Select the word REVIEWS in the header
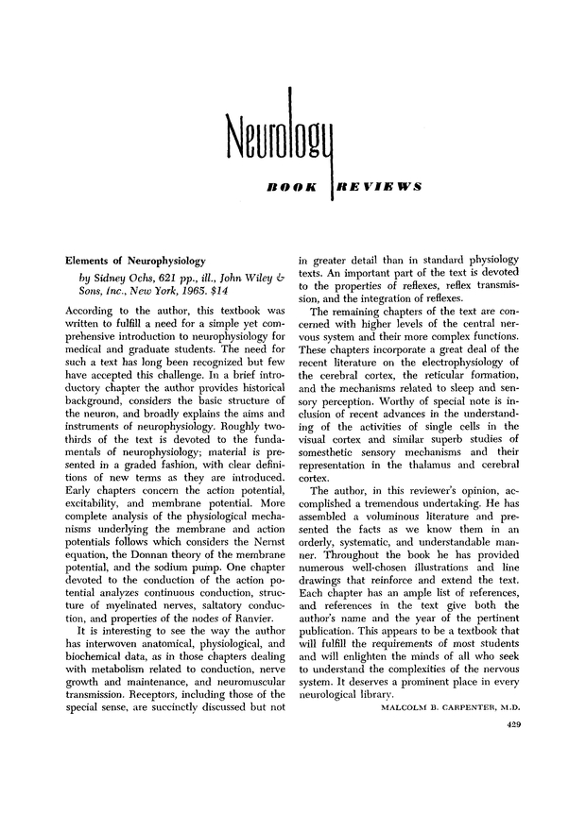coord(377,187)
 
